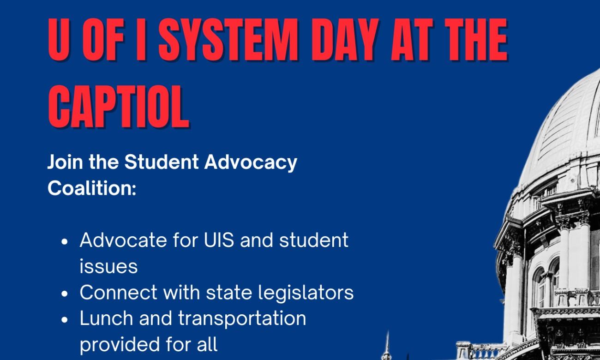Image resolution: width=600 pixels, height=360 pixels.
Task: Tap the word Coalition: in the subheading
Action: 92,188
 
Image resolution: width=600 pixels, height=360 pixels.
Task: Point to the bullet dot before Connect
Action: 65,294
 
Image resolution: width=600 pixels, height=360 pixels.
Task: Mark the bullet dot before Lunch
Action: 65,319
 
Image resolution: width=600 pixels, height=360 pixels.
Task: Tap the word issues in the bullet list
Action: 108,267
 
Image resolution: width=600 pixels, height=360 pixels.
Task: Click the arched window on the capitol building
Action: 539,286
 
